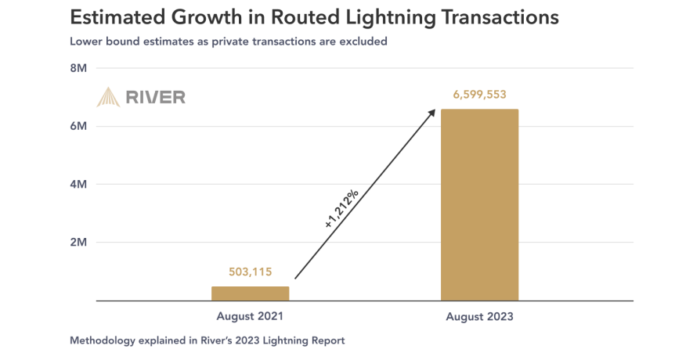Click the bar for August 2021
(250, 293)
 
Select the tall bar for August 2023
(479, 204)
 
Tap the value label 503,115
(250, 272)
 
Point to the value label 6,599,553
(479, 95)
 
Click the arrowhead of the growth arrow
(431, 113)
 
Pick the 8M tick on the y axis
(78, 68)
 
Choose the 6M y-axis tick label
(78, 126)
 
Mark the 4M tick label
(78, 185)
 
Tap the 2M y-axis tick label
(78, 243)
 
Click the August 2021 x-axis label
(250, 317)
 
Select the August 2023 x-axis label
(479, 317)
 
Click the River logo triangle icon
(108, 97)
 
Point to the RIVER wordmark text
(156, 97)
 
